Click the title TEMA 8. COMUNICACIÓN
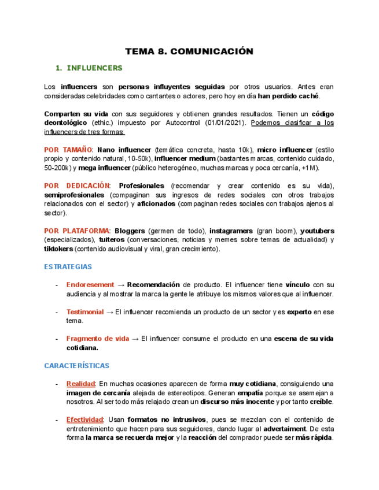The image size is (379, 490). [x=189, y=51]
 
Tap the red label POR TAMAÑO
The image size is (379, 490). [x=68, y=150]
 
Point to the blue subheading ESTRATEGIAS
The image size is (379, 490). [x=68, y=267]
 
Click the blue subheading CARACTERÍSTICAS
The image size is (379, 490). [x=76, y=366]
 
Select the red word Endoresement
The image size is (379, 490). [x=90, y=285]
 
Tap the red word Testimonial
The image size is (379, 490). [x=85, y=312]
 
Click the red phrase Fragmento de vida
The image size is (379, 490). [x=98, y=339]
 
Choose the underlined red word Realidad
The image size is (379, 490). [x=80, y=384]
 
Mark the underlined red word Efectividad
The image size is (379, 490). [x=84, y=420]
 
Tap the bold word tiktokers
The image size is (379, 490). [x=58, y=249]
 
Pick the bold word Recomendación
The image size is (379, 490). [x=154, y=285]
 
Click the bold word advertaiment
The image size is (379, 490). [x=285, y=429]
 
